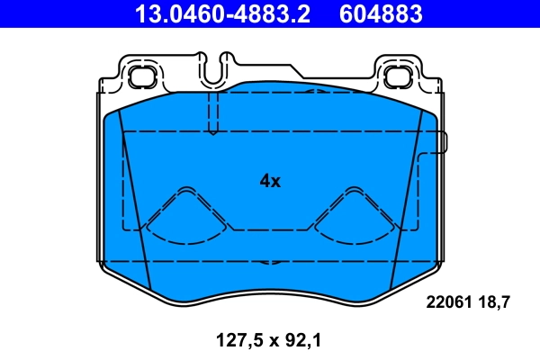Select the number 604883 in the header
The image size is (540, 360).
pos(378,13)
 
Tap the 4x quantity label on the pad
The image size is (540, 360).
pos(270,181)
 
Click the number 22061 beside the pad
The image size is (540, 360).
pos(447,302)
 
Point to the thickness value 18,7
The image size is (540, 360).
pos(495,302)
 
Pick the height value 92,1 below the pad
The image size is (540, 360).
pos(302,340)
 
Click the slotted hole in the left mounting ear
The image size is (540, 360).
pos(140,76)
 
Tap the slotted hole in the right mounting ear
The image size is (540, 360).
pos(400,76)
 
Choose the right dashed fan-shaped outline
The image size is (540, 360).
pos(353,217)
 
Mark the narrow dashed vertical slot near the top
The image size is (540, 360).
pos(212,112)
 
